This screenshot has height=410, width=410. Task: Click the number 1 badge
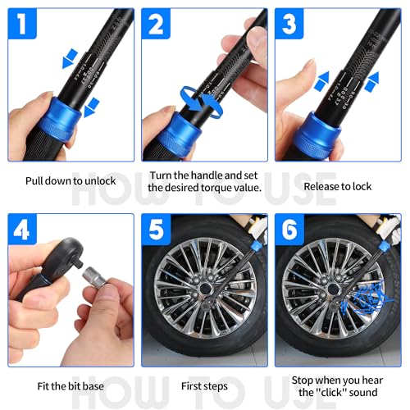coord(25,25)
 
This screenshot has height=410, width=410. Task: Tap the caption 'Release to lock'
coord(337,186)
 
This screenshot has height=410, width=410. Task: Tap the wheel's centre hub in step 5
coord(204,290)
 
